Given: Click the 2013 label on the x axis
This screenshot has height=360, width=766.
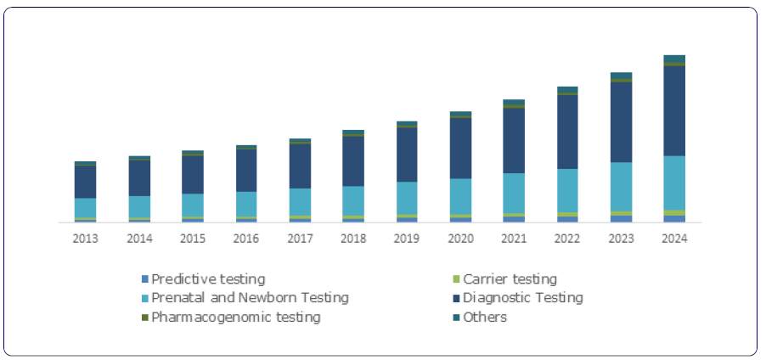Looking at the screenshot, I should (86, 239).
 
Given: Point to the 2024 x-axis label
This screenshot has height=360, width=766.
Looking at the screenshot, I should (674, 239).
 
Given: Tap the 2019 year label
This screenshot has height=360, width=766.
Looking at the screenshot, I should (407, 239).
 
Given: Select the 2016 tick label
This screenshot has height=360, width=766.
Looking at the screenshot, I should (246, 239).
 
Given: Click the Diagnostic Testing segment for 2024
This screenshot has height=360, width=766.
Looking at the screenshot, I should (674, 110).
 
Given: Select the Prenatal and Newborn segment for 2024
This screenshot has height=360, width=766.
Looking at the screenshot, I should (674, 183).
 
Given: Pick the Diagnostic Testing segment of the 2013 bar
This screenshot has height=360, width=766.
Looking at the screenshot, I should (86, 182).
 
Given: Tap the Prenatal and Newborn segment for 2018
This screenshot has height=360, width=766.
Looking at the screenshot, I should (353, 200).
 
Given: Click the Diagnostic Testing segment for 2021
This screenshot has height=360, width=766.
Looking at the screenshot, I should (514, 140).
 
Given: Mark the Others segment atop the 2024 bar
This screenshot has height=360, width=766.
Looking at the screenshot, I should (674, 59).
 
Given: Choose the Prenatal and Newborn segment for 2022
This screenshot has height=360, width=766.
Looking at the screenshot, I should (567, 190).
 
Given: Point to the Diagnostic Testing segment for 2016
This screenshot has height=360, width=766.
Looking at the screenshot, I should (246, 170).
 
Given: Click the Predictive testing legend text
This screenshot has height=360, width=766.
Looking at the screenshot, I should (208, 278).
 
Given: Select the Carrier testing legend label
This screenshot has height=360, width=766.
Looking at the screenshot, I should (510, 278).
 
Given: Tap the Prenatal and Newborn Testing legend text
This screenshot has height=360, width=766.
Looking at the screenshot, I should (251, 298).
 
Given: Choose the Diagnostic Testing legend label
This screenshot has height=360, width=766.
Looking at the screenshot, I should (522, 298).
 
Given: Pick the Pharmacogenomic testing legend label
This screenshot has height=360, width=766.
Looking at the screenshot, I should (236, 318).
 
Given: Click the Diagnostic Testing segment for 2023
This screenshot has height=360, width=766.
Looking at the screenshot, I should (621, 121).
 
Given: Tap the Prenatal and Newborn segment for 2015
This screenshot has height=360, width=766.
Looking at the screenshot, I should (193, 205).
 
